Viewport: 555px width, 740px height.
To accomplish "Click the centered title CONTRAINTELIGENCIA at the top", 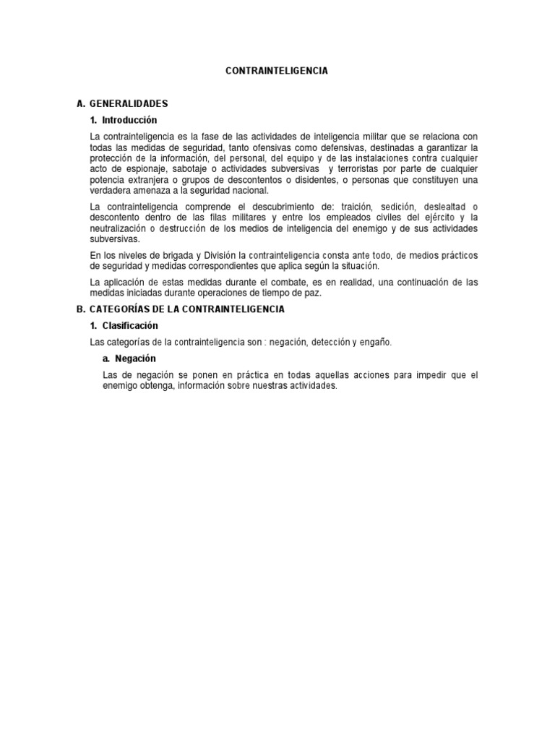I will [277, 71].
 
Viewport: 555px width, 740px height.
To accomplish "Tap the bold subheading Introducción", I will [129, 120].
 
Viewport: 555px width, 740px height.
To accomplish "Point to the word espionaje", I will [140, 169].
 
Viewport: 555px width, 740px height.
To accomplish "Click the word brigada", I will [164, 255].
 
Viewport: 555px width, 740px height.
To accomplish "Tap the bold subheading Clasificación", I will [130, 326].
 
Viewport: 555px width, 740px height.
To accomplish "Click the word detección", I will [332, 343].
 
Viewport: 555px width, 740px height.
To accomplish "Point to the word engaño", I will [376, 343].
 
